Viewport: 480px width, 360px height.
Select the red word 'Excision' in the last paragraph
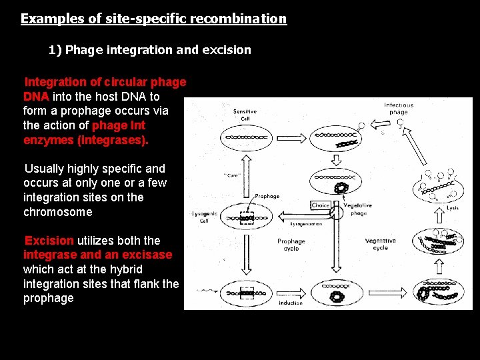coord(49,241)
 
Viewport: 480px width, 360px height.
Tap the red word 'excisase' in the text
coord(145,255)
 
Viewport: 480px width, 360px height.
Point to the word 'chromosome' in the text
coord(58,212)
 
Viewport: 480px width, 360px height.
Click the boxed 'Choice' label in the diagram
coord(321,205)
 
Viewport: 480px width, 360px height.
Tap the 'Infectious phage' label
coord(399,109)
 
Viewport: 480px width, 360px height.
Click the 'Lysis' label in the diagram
coord(453,208)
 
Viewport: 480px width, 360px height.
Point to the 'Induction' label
coord(290,303)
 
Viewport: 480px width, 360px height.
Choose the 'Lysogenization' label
coord(306,224)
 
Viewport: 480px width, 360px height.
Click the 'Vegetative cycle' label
coord(380,244)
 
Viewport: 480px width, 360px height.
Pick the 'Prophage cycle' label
coord(291,244)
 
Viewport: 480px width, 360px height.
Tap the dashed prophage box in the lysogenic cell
coord(247,217)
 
